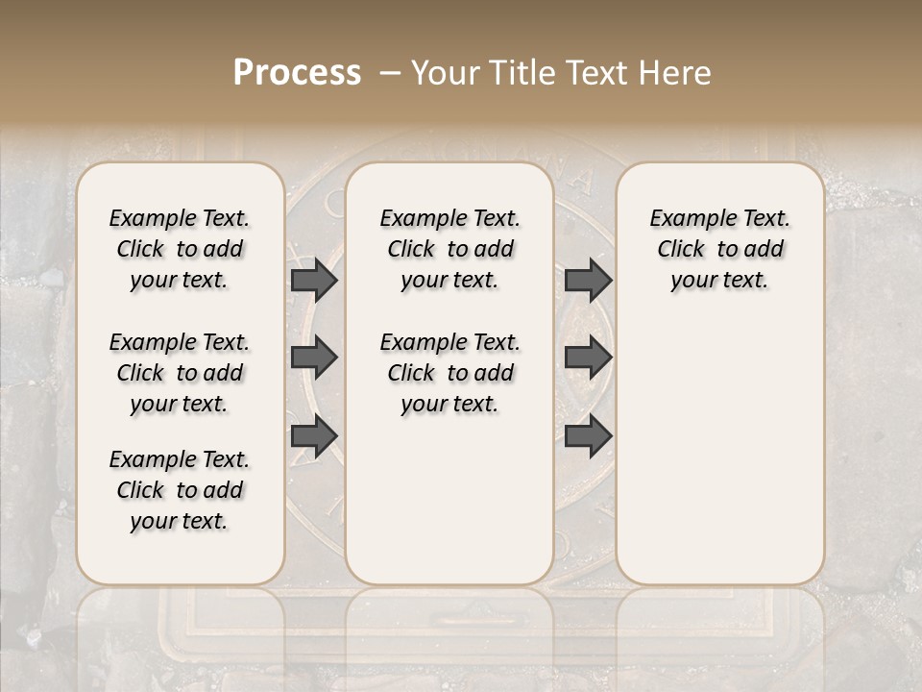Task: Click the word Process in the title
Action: (297, 73)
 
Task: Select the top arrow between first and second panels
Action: (314, 280)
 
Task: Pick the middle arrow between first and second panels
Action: (314, 358)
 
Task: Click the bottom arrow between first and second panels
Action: (314, 436)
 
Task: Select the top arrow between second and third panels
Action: (588, 280)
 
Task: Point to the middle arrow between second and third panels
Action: (588, 358)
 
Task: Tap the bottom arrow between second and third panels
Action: (588, 436)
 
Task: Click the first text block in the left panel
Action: (180, 249)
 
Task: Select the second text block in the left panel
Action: (180, 373)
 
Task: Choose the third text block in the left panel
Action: (180, 490)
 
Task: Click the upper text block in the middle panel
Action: (449, 249)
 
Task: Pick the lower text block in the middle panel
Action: (449, 373)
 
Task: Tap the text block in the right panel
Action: (719, 249)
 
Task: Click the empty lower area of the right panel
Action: (719, 442)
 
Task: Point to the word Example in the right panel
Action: (684, 219)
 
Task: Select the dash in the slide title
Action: (390, 73)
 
